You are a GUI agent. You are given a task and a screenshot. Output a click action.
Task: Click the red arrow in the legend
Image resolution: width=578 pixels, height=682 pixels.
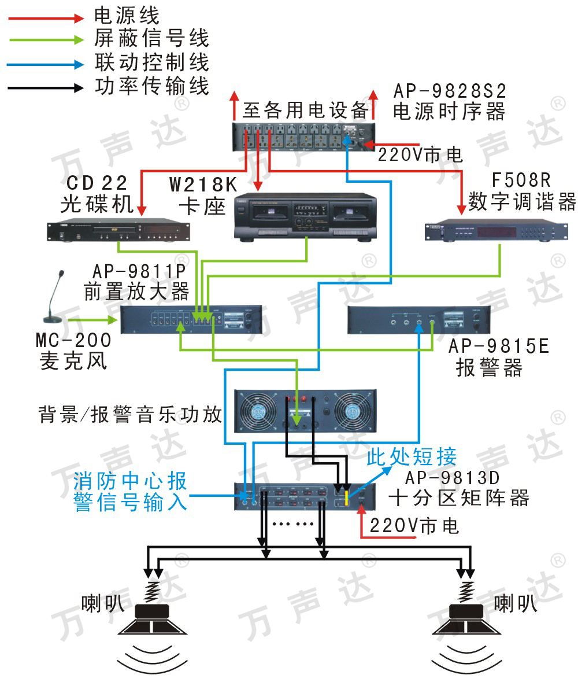click(x=46, y=19)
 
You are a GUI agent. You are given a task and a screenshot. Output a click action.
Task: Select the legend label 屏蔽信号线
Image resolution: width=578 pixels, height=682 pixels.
click(x=151, y=39)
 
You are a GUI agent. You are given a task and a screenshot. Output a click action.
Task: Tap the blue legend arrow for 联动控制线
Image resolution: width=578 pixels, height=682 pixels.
click(x=46, y=64)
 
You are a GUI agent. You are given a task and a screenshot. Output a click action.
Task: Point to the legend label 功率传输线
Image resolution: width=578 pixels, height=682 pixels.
click(x=151, y=86)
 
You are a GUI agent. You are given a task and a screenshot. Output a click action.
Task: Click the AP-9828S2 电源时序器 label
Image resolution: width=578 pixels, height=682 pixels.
click(x=450, y=101)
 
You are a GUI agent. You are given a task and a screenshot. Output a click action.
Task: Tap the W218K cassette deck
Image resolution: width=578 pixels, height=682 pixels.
click(x=305, y=217)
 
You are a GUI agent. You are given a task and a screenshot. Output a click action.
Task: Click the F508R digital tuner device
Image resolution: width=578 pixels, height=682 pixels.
click(x=493, y=231)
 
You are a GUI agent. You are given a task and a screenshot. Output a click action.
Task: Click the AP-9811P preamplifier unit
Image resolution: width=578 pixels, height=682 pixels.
click(x=190, y=319)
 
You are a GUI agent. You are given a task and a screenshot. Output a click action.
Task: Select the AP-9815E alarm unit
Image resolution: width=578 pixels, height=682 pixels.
click(x=418, y=320)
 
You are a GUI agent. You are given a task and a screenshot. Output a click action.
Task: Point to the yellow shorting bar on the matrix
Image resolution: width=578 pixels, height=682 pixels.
click(x=346, y=497)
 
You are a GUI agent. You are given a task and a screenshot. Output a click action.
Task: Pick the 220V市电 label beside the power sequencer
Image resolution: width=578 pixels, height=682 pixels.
click(x=420, y=154)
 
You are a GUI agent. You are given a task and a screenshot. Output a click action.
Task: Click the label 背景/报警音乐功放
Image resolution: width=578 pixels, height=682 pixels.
click(x=130, y=414)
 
